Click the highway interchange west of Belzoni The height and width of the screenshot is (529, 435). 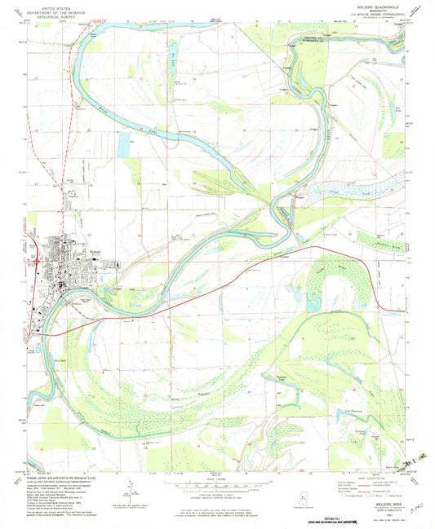(38, 259)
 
